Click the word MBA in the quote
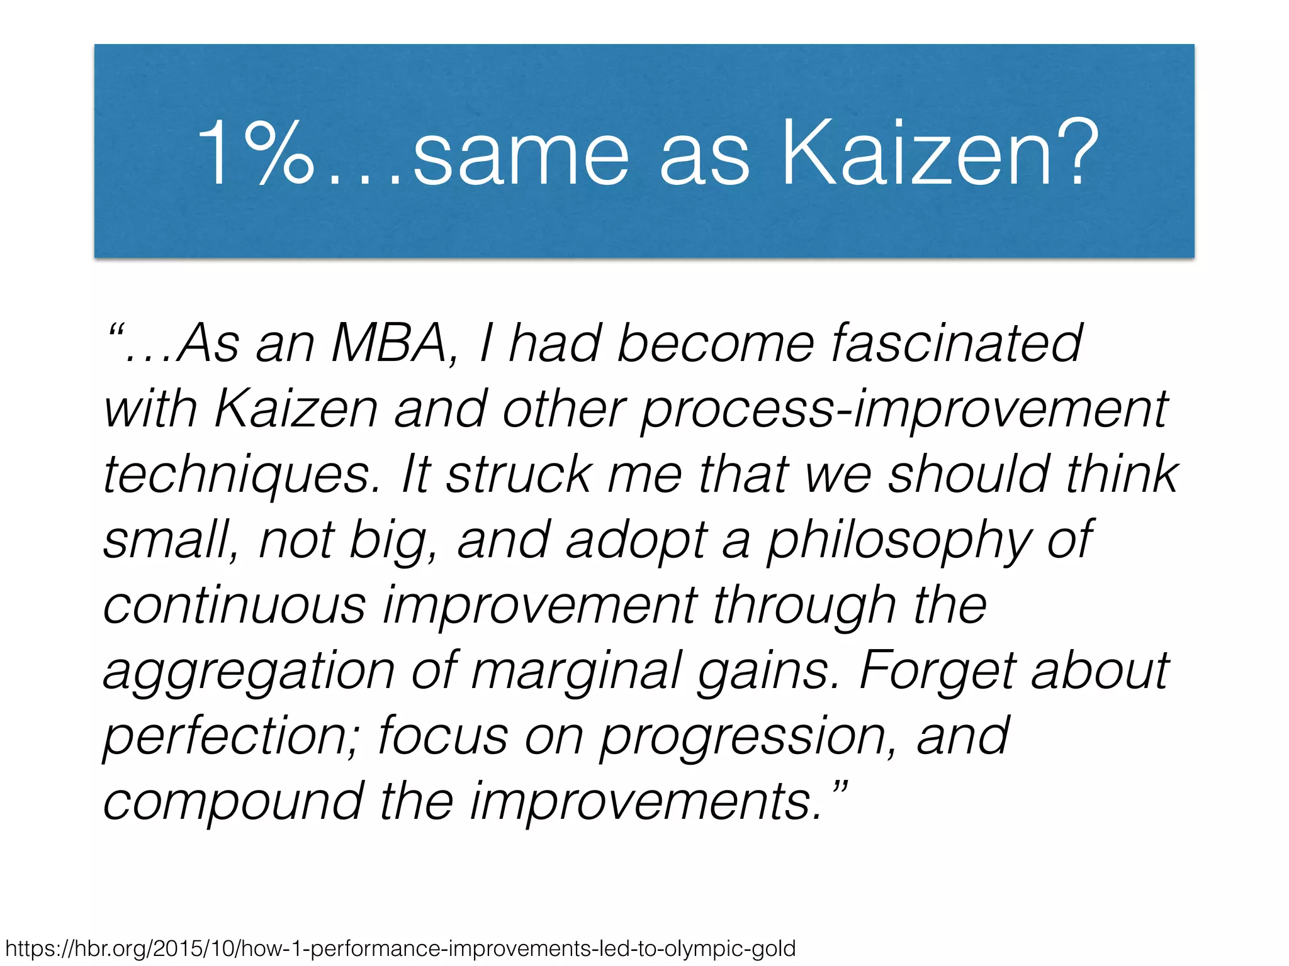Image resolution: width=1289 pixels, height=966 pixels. pyautogui.click(x=388, y=344)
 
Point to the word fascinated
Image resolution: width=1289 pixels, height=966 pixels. pyautogui.click(x=956, y=344)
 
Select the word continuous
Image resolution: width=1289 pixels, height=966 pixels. pyautogui.click(x=235, y=606)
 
